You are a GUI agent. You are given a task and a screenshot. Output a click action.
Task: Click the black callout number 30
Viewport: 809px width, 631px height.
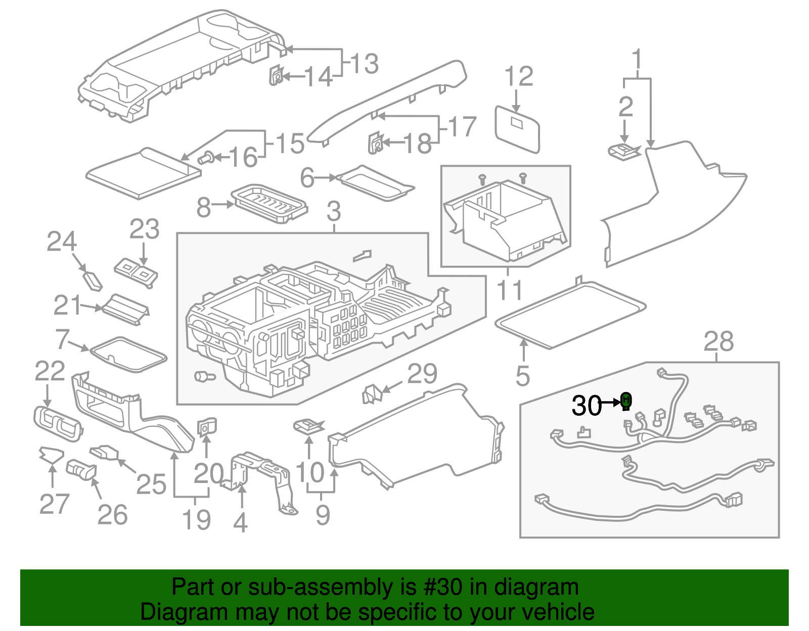coord(587,406)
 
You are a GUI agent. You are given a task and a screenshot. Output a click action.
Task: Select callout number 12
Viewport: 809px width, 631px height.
coord(519,77)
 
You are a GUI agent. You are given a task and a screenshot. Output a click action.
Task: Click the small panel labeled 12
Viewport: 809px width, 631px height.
coord(517,129)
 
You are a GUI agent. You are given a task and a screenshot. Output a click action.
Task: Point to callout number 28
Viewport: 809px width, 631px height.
coord(718,342)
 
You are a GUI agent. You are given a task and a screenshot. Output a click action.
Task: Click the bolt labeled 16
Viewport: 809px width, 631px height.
coord(205,159)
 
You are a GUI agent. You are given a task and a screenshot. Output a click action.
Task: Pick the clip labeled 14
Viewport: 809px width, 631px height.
coord(276,76)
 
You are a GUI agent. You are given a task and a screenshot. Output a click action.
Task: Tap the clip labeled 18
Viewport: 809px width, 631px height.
coord(375,142)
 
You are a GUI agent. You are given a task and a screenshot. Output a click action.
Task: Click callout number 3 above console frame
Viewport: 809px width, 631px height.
coord(333,211)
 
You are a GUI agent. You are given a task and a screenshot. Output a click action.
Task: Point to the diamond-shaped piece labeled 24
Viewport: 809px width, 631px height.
coord(93,280)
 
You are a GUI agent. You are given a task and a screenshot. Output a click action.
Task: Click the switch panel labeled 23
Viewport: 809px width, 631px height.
coord(136,273)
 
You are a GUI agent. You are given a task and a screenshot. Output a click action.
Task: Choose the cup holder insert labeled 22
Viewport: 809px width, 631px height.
coord(57,423)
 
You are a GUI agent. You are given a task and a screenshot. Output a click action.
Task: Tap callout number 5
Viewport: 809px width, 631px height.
coord(523,376)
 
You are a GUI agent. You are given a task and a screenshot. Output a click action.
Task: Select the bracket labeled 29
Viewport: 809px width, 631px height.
coord(371,394)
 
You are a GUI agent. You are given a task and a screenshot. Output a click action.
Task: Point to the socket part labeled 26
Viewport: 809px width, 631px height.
coord(81,469)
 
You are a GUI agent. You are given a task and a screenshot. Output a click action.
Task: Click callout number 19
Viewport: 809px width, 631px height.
coord(196,520)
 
